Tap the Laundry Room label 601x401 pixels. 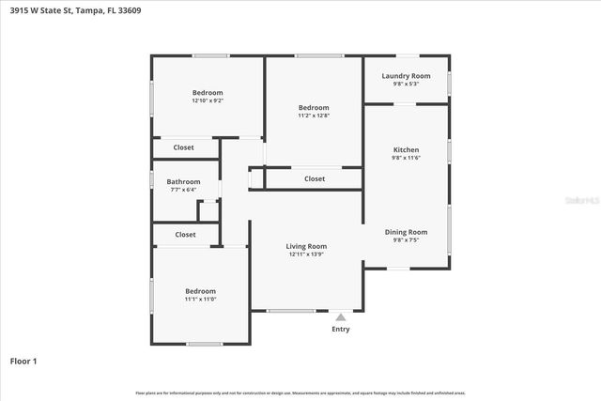click(406, 75)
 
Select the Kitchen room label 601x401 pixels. click(406, 150)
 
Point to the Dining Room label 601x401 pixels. click(406, 232)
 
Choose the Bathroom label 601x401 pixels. click(183, 181)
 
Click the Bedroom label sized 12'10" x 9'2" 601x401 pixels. click(208, 92)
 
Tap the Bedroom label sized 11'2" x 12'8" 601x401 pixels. click(314, 108)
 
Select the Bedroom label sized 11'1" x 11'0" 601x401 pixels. click(200, 291)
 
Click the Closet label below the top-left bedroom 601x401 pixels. click(184, 147)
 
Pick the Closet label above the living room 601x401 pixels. click(315, 178)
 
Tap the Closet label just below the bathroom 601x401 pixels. click(185, 235)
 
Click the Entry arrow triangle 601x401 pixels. click(340, 317)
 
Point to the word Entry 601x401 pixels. click(340, 330)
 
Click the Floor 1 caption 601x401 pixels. click(23, 361)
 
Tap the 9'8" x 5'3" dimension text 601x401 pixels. click(406, 84)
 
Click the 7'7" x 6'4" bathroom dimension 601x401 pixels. click(183, 190)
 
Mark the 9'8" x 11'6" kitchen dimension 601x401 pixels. click(406, 159)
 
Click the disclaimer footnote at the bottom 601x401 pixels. click(300, 393)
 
